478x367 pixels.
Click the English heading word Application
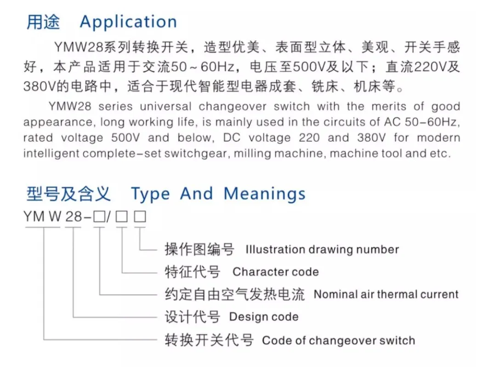point(128,22)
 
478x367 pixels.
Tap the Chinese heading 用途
point(43,22)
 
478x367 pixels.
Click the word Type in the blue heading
point(150,195)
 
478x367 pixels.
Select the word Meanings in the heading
point(264,195)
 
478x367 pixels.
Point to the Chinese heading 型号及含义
point(68,194)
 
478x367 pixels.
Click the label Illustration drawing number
point(322,250)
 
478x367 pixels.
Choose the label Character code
point(276,272)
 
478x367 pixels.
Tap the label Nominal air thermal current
point(386,294)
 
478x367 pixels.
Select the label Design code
point(264,317)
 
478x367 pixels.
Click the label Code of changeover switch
point(338,340)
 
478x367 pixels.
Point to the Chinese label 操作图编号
point(199,249)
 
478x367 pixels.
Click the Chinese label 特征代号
point(193,272)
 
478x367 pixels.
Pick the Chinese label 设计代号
point(193,317)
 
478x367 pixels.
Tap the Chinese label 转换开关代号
point(209,340)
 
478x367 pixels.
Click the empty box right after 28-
point(99,217)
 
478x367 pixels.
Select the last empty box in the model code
point(140,217)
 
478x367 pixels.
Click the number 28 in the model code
point(74,217)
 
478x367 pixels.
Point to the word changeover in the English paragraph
point(233,106)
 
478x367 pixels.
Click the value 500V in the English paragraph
point(125,138)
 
